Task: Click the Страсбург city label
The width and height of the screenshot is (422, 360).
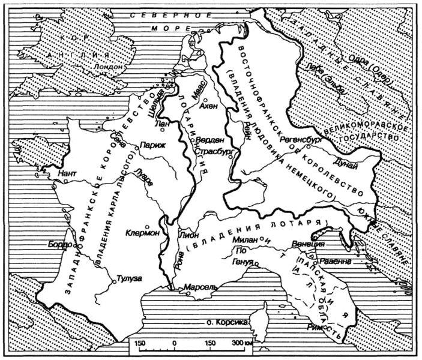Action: point(214,152)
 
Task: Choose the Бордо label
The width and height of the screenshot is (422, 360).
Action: point(59,245)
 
